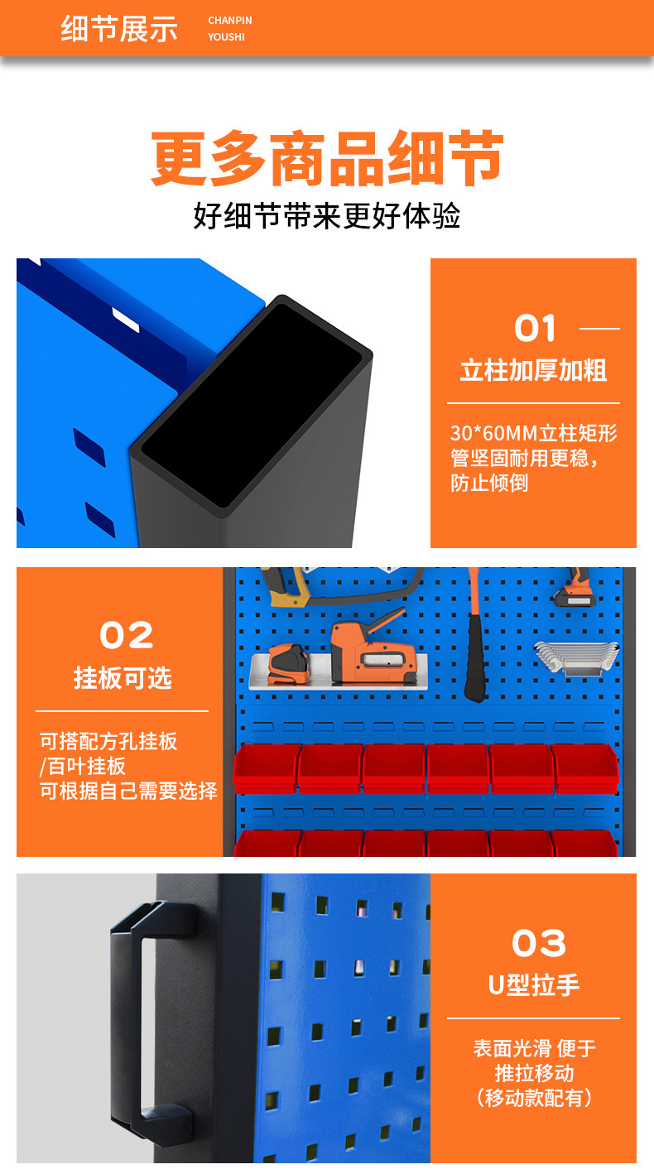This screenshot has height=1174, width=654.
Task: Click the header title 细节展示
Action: point(119,29)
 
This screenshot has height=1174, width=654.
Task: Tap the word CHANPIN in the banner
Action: point(229,21)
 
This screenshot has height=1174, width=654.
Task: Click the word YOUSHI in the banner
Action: point(226,36)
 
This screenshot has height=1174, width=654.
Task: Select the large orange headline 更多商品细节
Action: point(327,158)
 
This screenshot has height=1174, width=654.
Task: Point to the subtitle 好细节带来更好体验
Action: point(327,216)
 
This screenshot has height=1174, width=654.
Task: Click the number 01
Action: point(535,329)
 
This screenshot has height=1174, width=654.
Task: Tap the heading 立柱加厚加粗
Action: point(533,371)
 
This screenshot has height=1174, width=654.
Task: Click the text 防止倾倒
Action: point(489,483)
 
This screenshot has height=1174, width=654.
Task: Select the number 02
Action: point(127,635)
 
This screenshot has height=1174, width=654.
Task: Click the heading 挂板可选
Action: point(123,678)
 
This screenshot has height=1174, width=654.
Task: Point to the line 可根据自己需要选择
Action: point(128,791)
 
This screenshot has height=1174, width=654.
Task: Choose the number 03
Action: point(539,943)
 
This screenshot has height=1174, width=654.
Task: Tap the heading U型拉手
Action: point(533,984)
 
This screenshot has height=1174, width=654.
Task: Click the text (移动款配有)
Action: point(534,1098)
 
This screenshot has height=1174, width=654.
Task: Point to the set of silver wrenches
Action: point(576,657)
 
